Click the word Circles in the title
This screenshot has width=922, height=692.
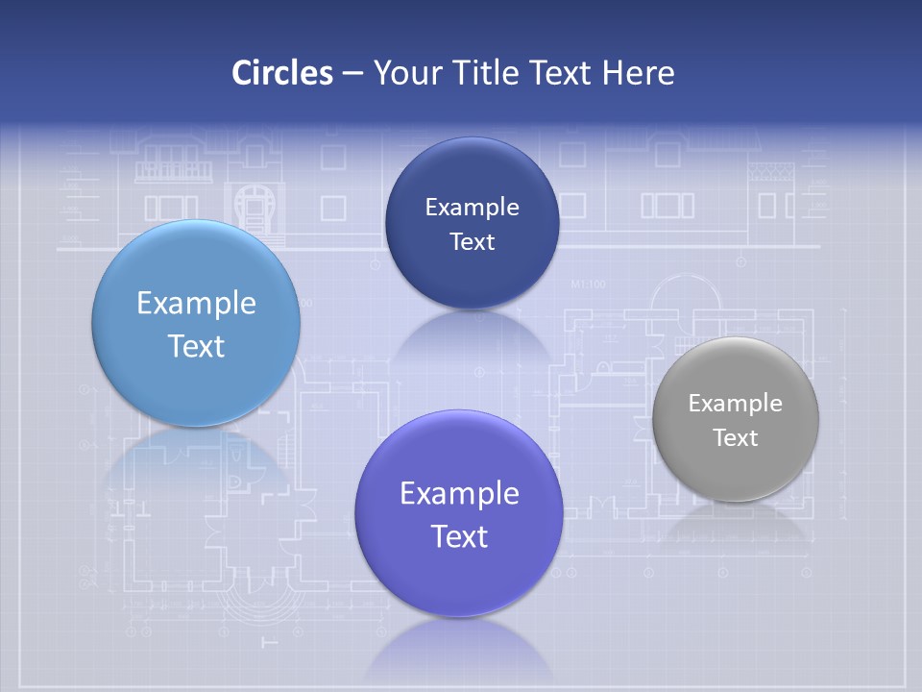[282, 73]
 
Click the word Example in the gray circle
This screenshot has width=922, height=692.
[735, 404]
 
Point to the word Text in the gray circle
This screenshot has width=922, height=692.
[736, 438]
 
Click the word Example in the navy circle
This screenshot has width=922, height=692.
[472, 208]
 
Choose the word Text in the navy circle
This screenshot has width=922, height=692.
[473, 242]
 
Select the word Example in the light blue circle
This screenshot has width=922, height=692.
[196, 304]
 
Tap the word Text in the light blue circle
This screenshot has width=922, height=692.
[196, 346]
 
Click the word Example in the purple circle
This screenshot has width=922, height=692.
[459, 494]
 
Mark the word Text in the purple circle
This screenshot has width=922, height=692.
[459, 536]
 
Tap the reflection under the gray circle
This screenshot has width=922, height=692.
[736, 524]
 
